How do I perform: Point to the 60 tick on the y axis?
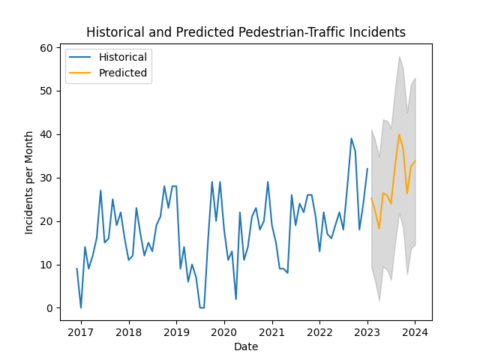[46, 48]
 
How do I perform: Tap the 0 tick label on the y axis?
[49, 308]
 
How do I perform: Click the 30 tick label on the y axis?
[46, 178]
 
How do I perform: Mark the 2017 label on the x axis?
[81, 331]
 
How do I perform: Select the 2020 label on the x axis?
[224, 331]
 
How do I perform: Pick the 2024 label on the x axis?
[415, 331]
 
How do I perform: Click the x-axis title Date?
[246, 346]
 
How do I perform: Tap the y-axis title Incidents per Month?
[30, 184]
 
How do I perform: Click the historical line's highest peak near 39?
[351, 138]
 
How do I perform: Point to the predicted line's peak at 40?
[399, 134]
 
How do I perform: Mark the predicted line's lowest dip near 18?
[379, 229]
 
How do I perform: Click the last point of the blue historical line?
[367, 169]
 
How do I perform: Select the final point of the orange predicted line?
[415, 160]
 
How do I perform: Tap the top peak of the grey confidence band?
[399, 56]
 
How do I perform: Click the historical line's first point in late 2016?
[76, 268]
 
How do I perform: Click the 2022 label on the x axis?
[319, 331]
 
